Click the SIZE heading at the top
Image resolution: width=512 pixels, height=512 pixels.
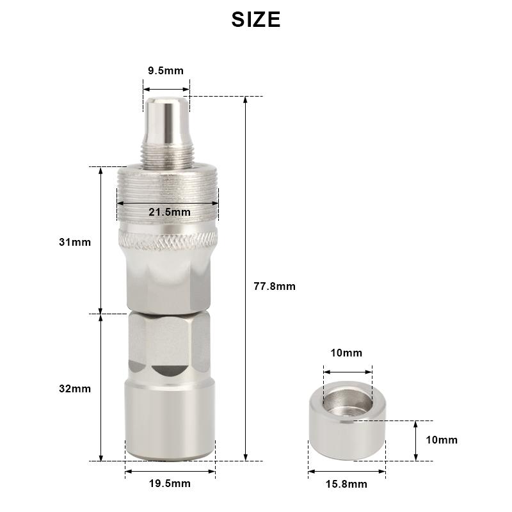click(x=256, y=19)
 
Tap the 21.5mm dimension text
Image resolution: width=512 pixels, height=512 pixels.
click(x=170, y=212)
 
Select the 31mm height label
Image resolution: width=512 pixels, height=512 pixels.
click(x=75, y=243)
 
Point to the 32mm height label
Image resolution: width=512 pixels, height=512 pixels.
click(x=75, y=388)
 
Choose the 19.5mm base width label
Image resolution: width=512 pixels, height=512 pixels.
click(x=170, y=484)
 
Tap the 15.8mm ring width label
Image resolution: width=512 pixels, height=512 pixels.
click(x=346, y=484)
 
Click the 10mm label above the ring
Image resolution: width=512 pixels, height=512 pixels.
click(x=346, y=353)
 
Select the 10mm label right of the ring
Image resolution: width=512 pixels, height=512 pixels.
click(x=442, y=440)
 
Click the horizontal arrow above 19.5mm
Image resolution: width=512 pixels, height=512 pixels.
click(x=170, y=471)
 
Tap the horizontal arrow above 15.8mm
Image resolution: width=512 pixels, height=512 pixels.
click(x=346, y=472)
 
